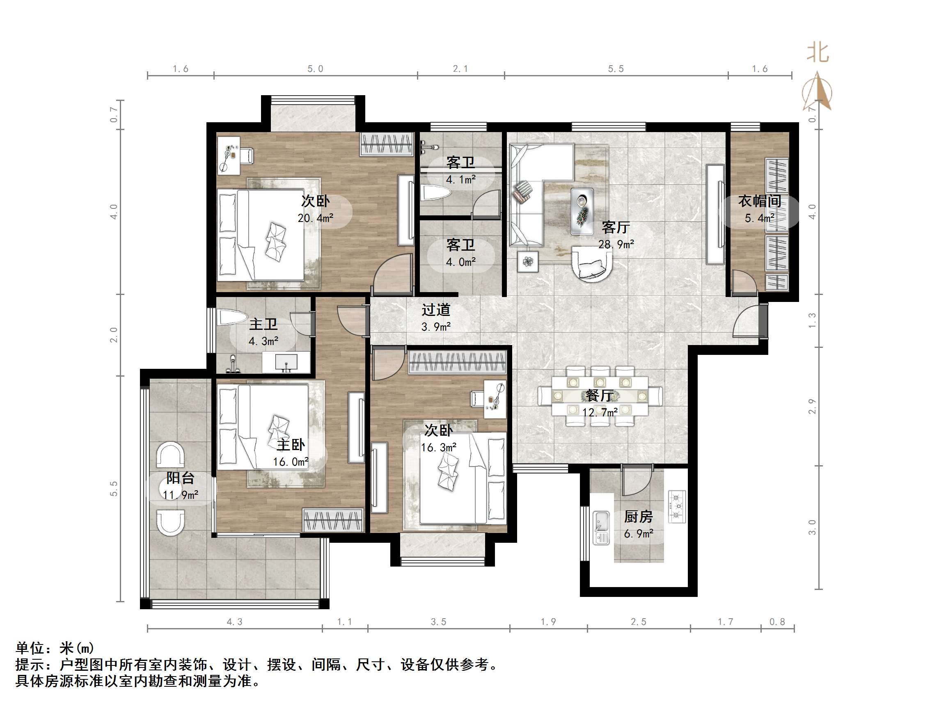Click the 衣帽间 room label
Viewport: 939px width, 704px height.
pyautogui.click(x=759, y=201)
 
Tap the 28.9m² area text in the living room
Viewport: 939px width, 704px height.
pyautogui.click(x=616, y=245)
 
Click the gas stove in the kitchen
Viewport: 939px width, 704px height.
pyautogui.click(x=677, y=506)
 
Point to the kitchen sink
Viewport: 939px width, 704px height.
pyautogui.click(x=601, y=528)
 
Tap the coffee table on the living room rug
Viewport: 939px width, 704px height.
pyautogui.click(x=582, y=211)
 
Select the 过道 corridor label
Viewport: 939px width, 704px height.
pyautogui.click(x=435, y=310)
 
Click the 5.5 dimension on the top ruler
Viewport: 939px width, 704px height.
pyautogui.click(x=616, y=69)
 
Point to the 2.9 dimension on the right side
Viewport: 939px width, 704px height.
pyautogui.click(x=812, y=406)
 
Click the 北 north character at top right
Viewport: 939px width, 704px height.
pyautogui.click(x=818, y=53)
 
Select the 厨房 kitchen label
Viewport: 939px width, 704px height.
pyautogui.click(x=638, y=517)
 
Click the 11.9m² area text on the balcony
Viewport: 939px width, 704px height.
pyautogui.click(x=181, y=495)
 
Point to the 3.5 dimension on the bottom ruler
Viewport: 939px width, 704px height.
pyautogui.click(x=438, y=622)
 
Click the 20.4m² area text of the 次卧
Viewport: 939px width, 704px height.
pyautogui.click(x=316, y=218)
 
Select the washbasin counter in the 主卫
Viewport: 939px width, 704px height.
pyautogui.click(x=286, y=362)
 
